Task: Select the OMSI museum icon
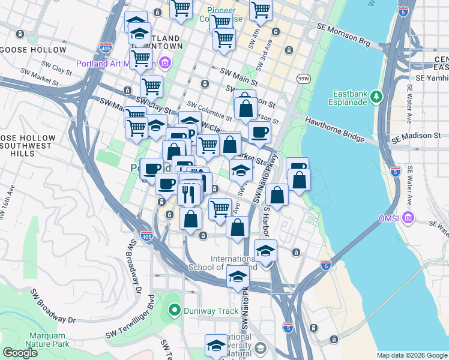tap(409, 217)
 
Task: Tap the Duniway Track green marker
tap(175, 310)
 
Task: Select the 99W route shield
tap(303, 78)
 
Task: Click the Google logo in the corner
tap(19, 353)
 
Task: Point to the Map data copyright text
tap(411, 355)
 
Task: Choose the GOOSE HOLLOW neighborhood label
tap(29, 49)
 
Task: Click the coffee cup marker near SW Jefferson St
tap(259, 132)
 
